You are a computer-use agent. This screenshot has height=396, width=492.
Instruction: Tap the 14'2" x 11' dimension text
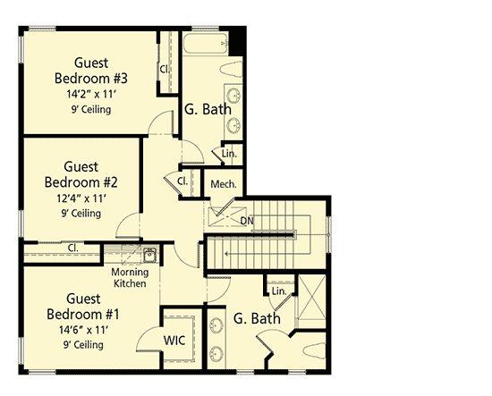pos(91,92)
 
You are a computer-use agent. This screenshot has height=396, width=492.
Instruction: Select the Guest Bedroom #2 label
pos(81,173)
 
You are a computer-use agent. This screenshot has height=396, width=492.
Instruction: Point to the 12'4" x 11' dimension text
pos(81,198)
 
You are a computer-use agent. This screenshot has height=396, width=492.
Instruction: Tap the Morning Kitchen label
pos(130,277)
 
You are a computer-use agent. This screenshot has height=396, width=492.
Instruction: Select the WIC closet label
pos(175,341)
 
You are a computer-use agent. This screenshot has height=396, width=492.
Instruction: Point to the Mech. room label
pos(224,184)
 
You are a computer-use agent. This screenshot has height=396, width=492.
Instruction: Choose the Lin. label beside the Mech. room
pos(229,155)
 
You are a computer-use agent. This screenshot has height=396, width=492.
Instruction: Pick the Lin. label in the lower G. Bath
pos(278,291)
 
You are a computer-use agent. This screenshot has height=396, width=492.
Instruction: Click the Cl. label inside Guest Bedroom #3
pos(165,68)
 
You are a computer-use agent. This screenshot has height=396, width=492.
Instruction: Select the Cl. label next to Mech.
pos(182,181)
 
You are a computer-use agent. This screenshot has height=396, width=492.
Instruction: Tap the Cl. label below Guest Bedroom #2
pos(72,248)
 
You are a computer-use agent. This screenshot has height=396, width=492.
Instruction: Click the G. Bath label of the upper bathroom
pos(208,110)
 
